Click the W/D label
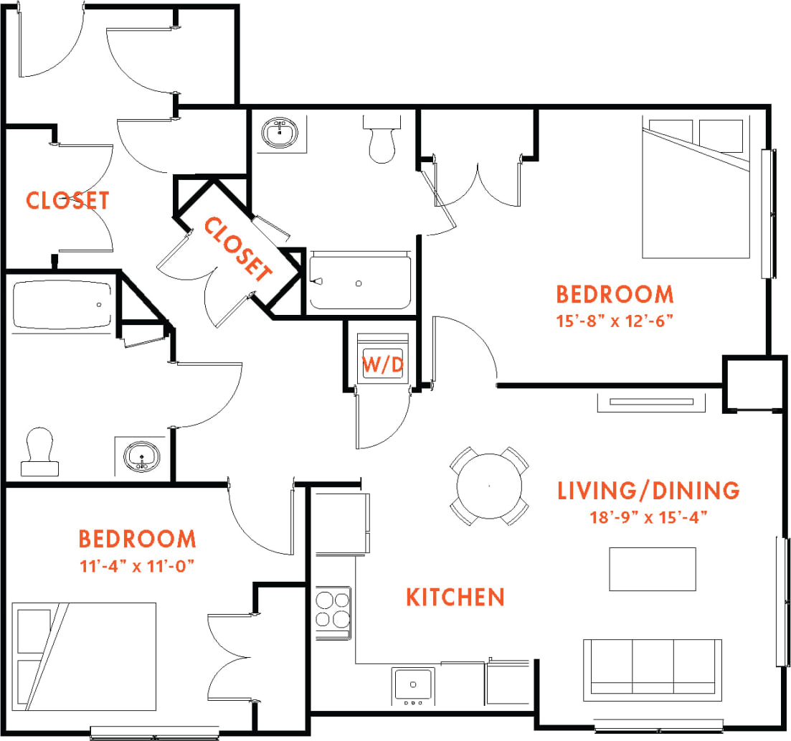pos(382,364)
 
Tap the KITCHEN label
pos(455,597)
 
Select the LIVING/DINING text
pos(648,491)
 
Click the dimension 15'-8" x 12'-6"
pos(615,321)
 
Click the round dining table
pos(489,486)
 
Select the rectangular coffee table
pos(652,569)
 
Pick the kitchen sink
pos(413,685)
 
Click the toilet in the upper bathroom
pos(380,138)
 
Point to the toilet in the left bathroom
pos(39,452)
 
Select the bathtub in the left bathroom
pos(62,304)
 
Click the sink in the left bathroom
pos(142,456)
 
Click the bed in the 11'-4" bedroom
pos(85,656)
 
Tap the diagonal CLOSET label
pos(238,248)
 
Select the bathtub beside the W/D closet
pos(360,282)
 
